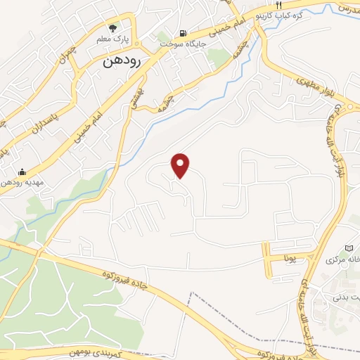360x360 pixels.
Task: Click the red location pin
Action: click(x=181, y=165)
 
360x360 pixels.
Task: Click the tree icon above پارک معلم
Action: click(x=113, y=27)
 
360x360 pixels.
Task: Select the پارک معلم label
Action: click(x=113, y=39)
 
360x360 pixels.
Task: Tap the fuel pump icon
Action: click(x=184, y=33)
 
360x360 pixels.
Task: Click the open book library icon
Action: click(x=349, y=247)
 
